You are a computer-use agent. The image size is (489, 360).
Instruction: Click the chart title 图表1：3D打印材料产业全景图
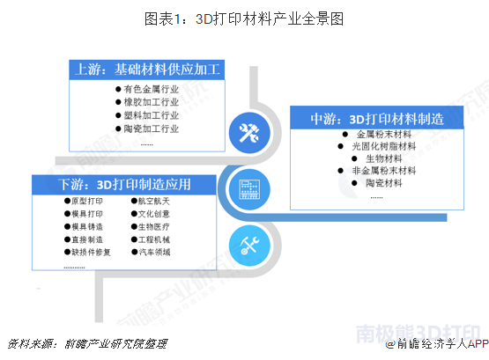point(244,18)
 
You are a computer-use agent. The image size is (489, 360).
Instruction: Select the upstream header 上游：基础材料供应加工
point(147,70)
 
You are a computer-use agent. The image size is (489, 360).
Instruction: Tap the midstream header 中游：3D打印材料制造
point(377,119)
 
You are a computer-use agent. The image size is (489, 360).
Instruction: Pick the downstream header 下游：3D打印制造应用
point(124,185)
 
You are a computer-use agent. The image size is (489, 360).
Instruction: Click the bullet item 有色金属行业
point(152,90)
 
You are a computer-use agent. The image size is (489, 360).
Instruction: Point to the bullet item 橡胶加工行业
point(152,102)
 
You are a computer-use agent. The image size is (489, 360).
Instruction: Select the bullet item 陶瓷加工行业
point(152,129)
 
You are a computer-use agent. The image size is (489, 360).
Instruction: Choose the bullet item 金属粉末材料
point(384,135)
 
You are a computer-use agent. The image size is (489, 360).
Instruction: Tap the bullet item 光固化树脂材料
point(384,146)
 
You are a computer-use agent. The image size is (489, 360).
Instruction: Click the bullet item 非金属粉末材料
point(384,171)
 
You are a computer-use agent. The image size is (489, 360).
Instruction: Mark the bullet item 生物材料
point(384,158)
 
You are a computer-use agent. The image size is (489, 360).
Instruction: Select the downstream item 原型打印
point(87,202)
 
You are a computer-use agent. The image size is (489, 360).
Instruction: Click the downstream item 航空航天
point(154,202)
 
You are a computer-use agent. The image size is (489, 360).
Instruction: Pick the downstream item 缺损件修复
point(91,253)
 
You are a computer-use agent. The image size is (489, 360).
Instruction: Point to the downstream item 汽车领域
point(154,253)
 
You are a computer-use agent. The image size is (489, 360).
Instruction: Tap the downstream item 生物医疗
point(154,227)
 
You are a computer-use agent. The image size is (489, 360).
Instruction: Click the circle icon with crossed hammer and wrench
point(249,133)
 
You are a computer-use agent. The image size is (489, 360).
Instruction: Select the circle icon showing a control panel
point(249,189)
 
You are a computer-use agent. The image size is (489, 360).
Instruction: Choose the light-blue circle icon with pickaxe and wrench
point(249,246)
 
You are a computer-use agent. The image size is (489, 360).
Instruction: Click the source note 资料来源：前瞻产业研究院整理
point(87,344)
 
